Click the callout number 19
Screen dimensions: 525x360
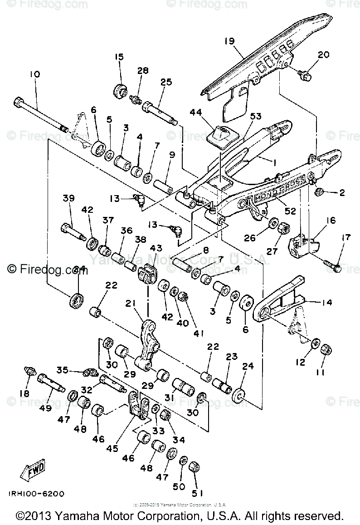coord(229,41)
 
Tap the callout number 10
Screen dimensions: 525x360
coord(35,74)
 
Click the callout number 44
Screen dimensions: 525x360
coord(208,112)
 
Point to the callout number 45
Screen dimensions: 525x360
coord(112,448)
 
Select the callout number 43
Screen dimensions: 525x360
coord(156,248)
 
